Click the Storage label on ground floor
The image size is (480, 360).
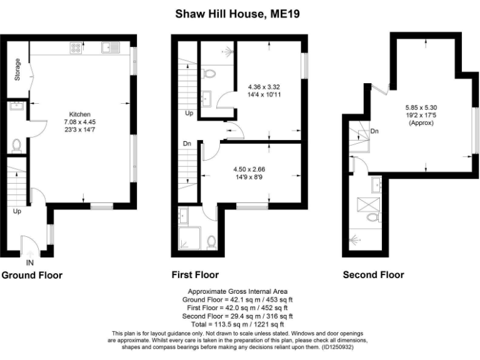[x=17, y=69]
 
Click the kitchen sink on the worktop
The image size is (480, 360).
[x=112, y=46]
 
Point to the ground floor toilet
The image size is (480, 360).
[x=16, y=145]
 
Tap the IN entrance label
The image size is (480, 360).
[x=29, y=262]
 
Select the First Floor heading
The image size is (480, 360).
[x=195, y=275]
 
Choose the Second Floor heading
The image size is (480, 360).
[x=373, y=275]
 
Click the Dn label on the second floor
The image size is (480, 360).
[x=374, y=131]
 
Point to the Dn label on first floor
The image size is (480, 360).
[x=187, y=143]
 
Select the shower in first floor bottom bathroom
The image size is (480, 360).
[x=188, y=238]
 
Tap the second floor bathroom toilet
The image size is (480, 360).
[x=373, y=217]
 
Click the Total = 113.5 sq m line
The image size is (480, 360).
[x=237, y=324]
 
